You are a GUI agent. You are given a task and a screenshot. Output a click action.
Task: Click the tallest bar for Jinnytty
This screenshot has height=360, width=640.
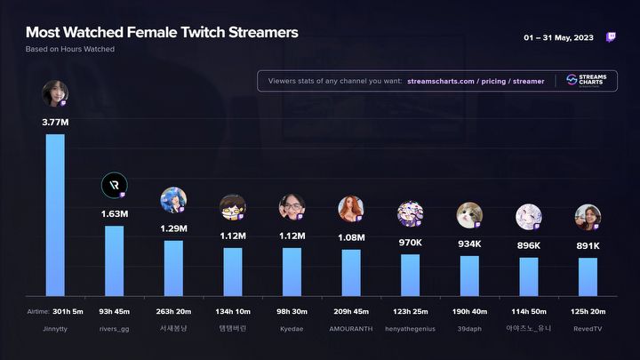[55, 214]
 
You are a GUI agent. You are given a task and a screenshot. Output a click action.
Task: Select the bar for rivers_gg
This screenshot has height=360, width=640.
[114, 260]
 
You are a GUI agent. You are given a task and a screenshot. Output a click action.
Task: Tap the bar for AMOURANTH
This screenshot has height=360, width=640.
[351, 271]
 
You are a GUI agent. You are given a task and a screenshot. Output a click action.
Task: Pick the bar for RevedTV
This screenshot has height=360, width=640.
[588, 276]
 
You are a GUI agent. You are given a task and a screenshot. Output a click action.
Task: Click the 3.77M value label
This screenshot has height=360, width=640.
[55, 122]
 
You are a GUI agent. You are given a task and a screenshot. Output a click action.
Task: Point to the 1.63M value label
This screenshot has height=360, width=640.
[114, 213]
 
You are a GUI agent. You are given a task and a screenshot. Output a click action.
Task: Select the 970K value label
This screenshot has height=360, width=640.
[410, 243]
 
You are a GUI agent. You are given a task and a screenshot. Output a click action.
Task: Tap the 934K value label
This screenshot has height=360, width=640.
[469, 244]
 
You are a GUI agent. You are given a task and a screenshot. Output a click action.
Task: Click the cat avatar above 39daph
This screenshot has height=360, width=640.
[469, 214]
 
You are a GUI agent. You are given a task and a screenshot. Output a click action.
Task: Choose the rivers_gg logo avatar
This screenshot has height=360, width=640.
[114, 185]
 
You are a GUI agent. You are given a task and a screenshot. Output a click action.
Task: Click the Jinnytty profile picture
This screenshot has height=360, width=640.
[54, 93]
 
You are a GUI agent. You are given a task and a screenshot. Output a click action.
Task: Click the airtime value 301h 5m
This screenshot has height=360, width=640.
[67, 311]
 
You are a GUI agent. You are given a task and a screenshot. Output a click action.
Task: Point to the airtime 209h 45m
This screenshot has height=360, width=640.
[351, 311]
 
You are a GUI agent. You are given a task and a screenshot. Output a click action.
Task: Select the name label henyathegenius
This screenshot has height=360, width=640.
[410, 328]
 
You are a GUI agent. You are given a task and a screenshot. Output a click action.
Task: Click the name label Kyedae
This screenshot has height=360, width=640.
[292, 328]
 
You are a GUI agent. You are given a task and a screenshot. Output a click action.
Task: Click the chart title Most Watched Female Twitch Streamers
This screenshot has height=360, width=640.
[162, 33]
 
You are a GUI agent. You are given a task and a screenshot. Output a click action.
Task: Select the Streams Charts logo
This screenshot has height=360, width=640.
[587, 81]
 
